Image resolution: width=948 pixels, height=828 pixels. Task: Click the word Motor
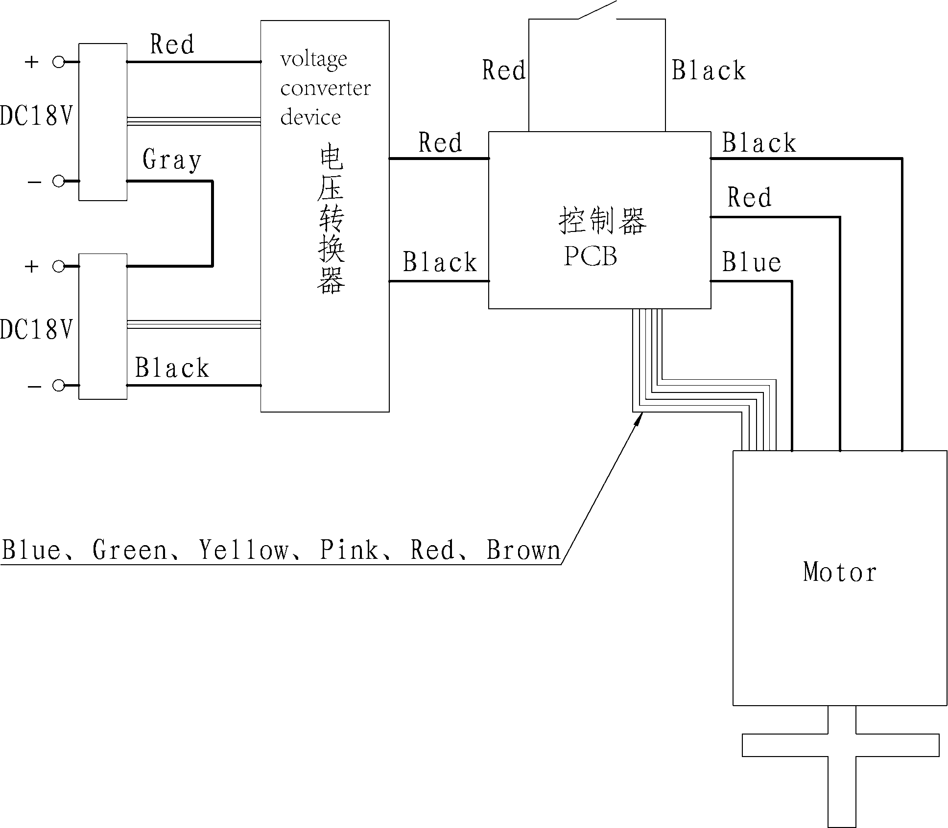[840, 572]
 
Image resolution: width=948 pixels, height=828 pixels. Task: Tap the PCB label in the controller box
[590, 256]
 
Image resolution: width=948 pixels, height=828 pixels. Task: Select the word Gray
[171, 160]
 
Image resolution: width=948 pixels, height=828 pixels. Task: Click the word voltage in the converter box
[313, 60]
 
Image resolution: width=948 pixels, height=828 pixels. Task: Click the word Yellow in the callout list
[243, 550]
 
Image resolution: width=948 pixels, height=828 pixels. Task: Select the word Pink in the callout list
[349, 550]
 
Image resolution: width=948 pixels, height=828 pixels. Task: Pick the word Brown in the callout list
[523, 550]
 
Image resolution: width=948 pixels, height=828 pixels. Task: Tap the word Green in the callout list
[129, 550]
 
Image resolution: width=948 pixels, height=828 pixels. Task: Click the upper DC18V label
[36, 116]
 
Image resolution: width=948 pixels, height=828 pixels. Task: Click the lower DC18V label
[36, 329]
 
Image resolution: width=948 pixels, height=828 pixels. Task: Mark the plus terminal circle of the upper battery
[59, 62]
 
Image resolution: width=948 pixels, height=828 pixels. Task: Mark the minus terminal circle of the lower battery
[59, 386]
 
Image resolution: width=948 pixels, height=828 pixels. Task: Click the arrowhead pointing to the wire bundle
[639, 418]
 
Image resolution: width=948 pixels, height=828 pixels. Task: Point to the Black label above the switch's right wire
[708, 70]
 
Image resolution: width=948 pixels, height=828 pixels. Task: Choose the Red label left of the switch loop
[503, 70]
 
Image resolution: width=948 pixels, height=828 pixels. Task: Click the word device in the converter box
[310, 117]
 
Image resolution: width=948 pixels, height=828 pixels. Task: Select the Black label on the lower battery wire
[171, 368]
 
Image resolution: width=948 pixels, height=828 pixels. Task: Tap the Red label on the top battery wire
[172, 45]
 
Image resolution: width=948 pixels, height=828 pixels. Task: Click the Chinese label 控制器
[602, 221]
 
